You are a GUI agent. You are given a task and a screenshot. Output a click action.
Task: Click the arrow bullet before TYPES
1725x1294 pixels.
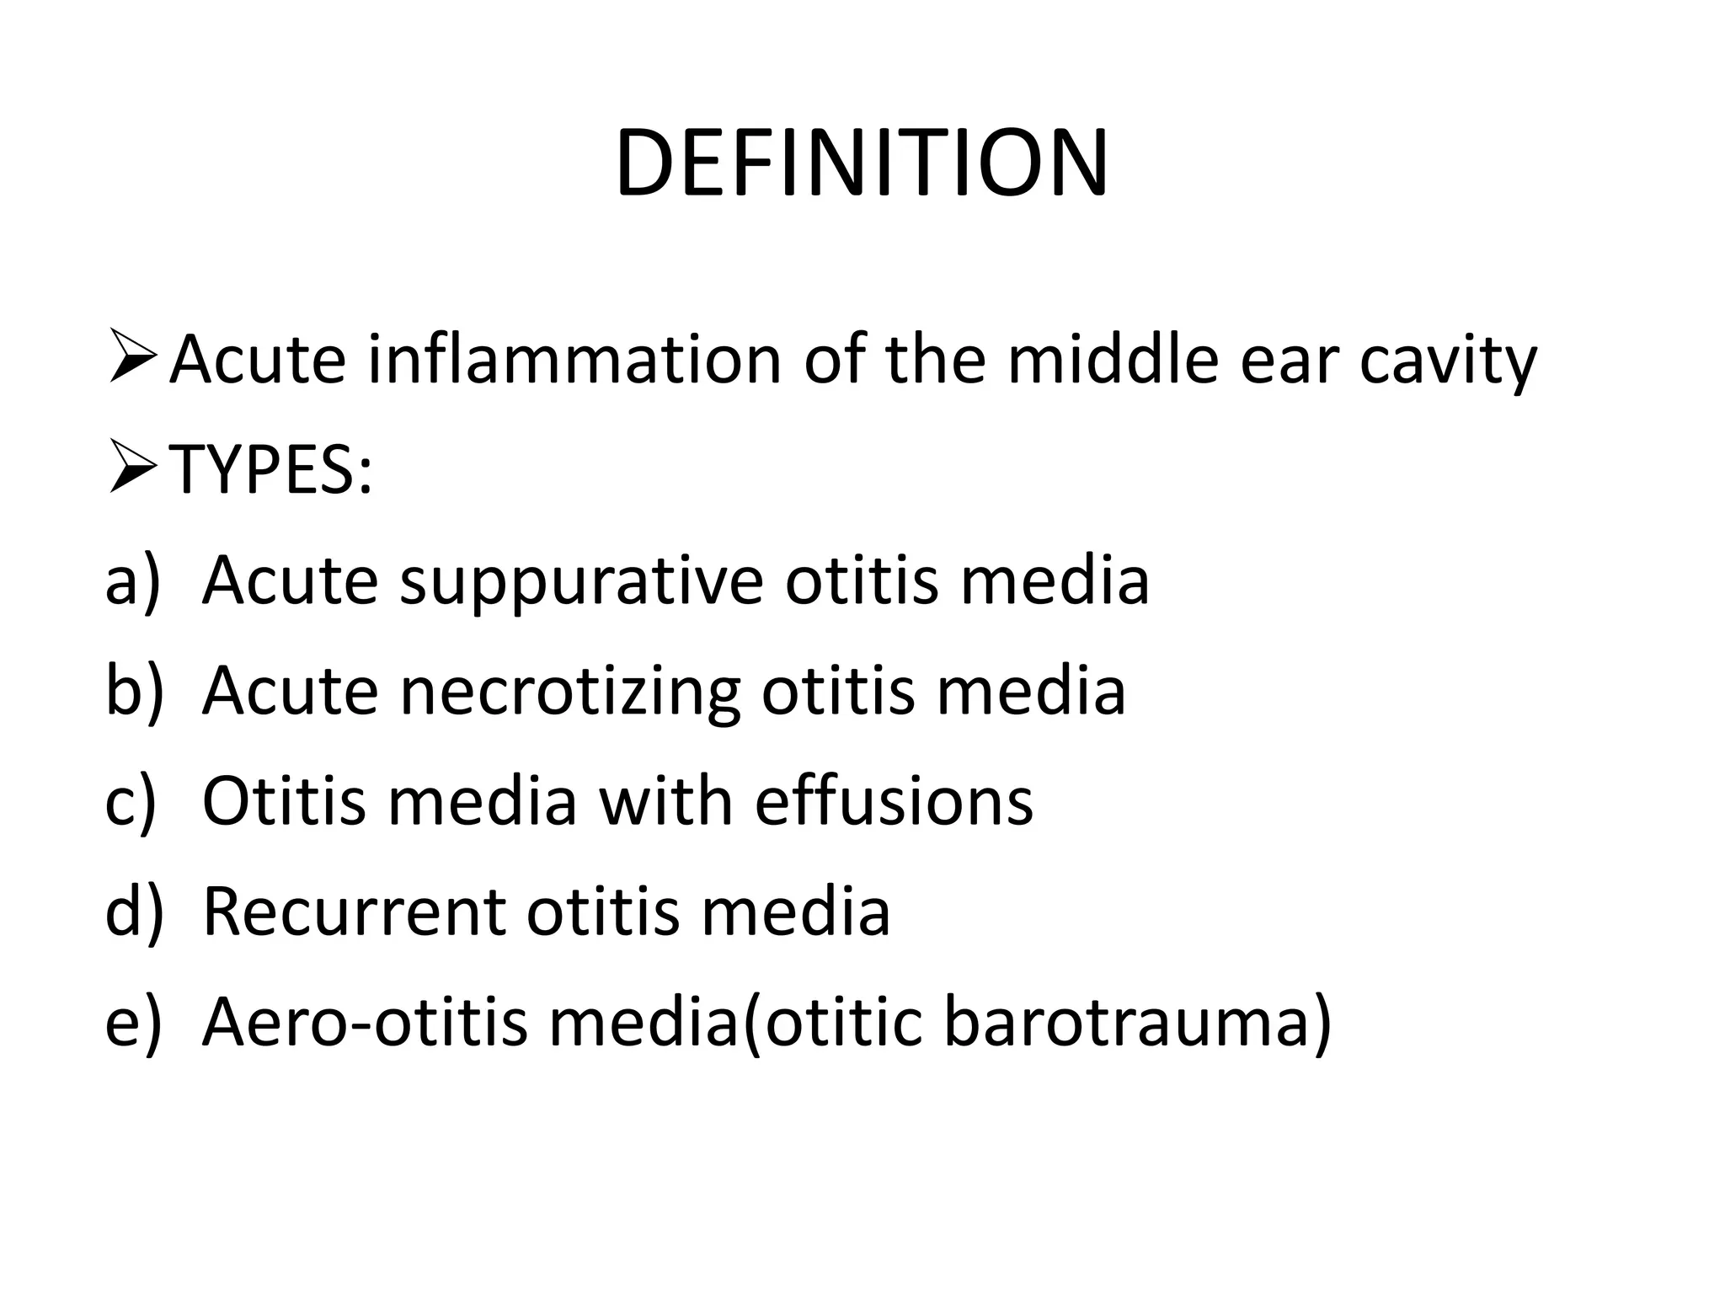[132, 470]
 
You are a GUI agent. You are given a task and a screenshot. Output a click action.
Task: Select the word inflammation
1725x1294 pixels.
[575, 359]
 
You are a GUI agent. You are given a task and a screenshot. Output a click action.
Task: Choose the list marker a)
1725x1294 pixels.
[132, 580]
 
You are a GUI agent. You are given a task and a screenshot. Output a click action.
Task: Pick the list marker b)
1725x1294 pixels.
[134, 691]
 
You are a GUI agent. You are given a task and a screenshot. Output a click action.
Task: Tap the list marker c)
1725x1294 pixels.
[131, 801]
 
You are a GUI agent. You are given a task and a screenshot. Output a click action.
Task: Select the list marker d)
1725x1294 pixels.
[134, 912]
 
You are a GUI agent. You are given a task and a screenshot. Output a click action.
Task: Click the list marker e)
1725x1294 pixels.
[132, 1022]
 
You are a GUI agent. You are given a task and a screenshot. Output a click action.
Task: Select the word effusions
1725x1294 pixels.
[894, 801]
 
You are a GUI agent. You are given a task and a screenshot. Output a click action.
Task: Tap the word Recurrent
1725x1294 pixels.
[355, 912]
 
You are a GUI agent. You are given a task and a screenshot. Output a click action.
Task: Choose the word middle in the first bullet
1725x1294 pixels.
[1113, 359]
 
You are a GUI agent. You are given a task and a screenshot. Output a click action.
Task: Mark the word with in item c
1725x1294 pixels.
[665, 801]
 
